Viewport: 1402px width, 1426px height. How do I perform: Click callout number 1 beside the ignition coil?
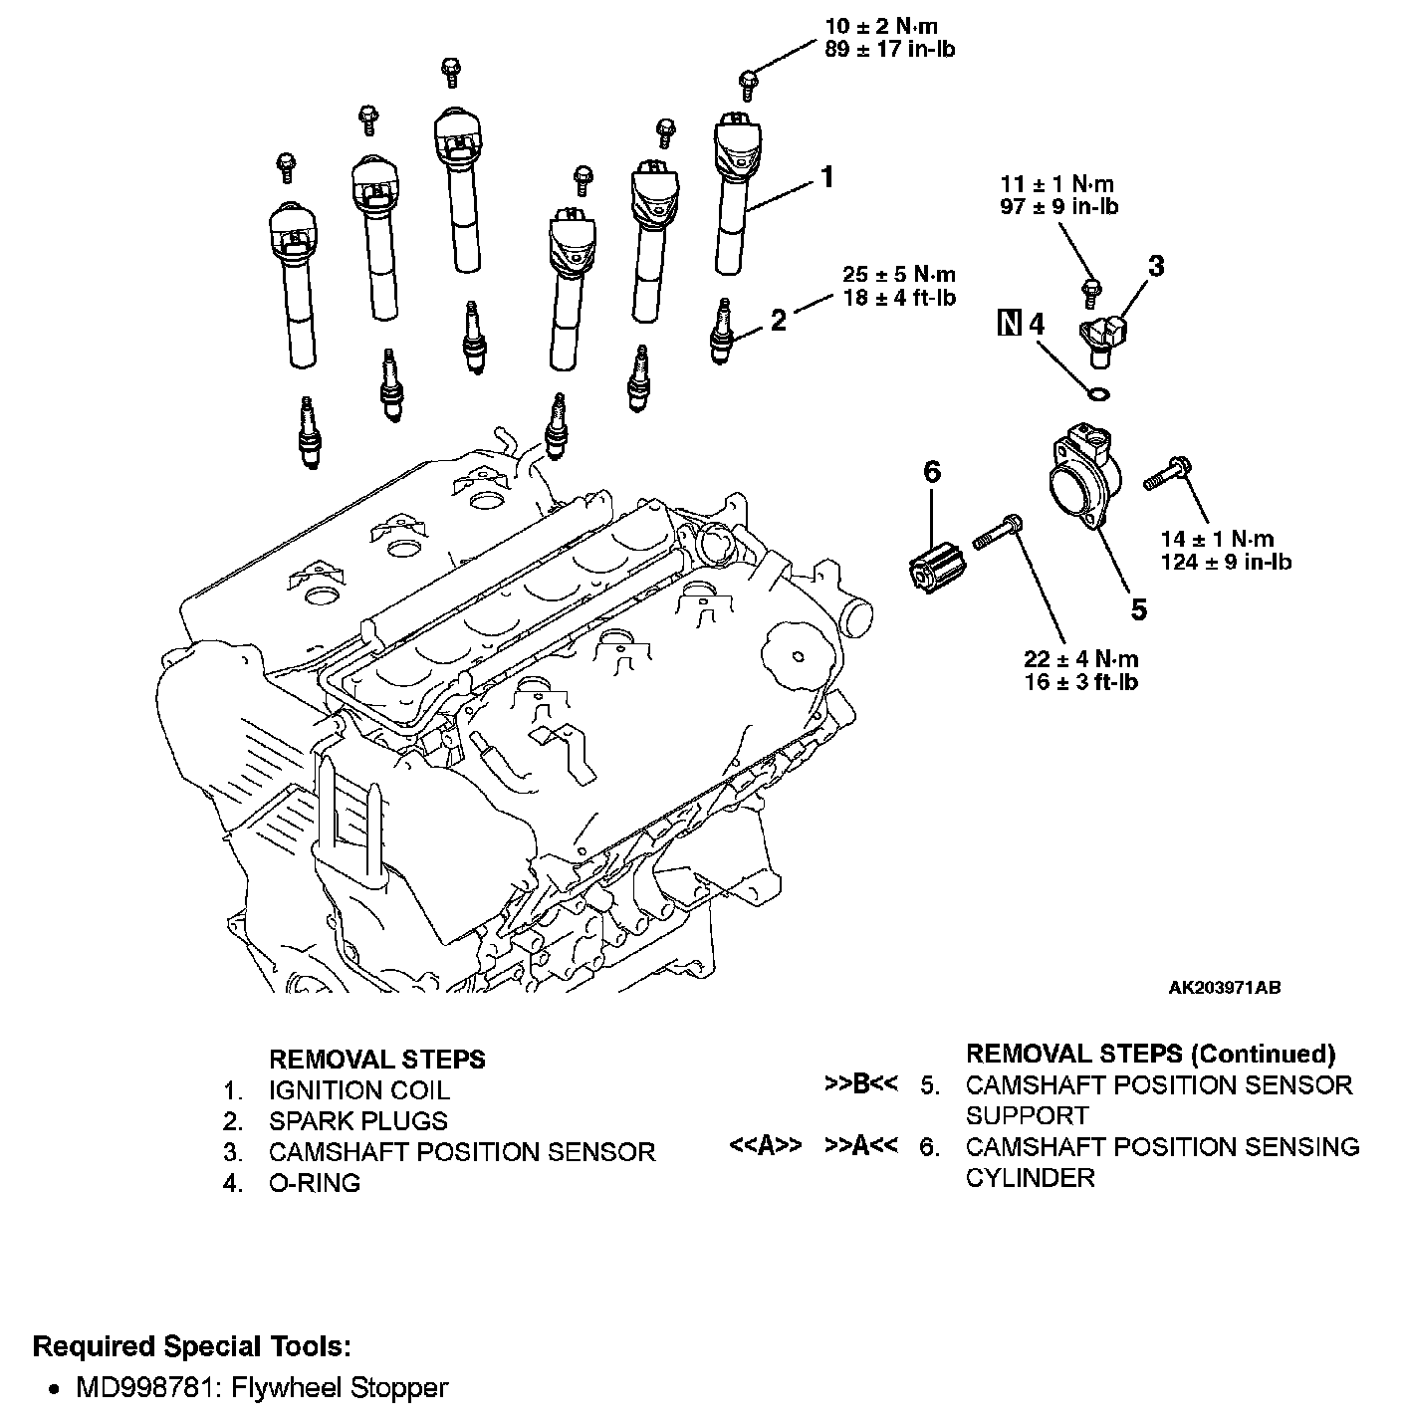coord(825,177)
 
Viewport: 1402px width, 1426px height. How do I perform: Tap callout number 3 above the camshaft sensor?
coord(1155,267)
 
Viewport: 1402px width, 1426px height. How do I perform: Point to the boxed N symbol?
coord(1010,324)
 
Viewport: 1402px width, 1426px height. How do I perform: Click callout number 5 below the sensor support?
coord(1138,608)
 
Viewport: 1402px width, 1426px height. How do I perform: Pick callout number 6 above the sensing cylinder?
coord(932,472)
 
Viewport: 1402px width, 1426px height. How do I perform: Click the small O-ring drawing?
coord(1098,395)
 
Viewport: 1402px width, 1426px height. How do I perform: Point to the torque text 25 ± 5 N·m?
coord(899,275)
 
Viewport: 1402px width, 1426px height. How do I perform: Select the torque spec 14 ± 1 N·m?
coord(1217,539)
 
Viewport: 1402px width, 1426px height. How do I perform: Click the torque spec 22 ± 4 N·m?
coord(1081,658)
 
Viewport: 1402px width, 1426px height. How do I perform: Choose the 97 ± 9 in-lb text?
coord(1058,207)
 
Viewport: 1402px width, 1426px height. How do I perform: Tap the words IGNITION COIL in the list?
coord(358,1090)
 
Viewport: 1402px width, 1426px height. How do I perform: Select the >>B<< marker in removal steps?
coord(861,1084)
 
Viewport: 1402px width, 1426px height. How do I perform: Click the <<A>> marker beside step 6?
coord(766,1146)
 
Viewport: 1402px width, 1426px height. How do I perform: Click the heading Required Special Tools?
coord(191,1347)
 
